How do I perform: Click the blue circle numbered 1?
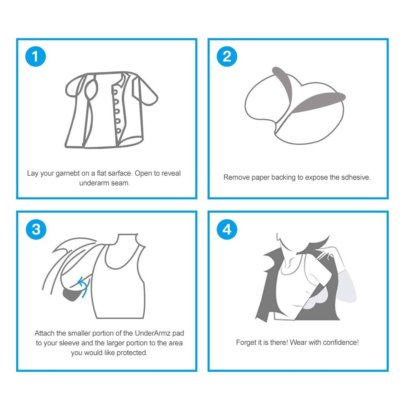[x=35, y=56]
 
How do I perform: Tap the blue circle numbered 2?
[x=227, y=56]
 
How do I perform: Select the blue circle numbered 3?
[x=36, y=229]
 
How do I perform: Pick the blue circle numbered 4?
[x=227, y=229]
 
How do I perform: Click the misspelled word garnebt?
[x=68, y=174]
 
